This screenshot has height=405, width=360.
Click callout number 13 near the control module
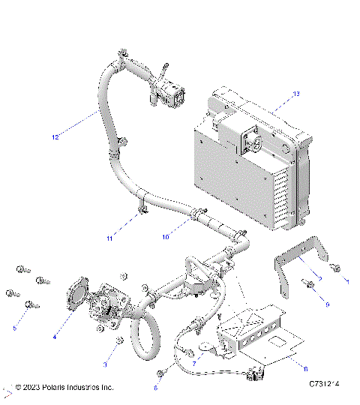coord(295,94)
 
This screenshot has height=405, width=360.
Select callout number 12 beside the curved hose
coord(55,137)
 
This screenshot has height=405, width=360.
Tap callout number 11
coord(109,238)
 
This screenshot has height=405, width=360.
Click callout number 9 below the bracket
coord(327,304)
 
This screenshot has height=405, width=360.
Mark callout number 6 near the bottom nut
coord(155,388)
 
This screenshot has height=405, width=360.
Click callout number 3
coord(105,364)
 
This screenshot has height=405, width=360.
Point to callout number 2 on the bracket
coord(319,278)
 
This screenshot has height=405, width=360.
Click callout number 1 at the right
coord(346,280)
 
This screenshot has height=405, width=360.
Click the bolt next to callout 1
coord(334,266)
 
